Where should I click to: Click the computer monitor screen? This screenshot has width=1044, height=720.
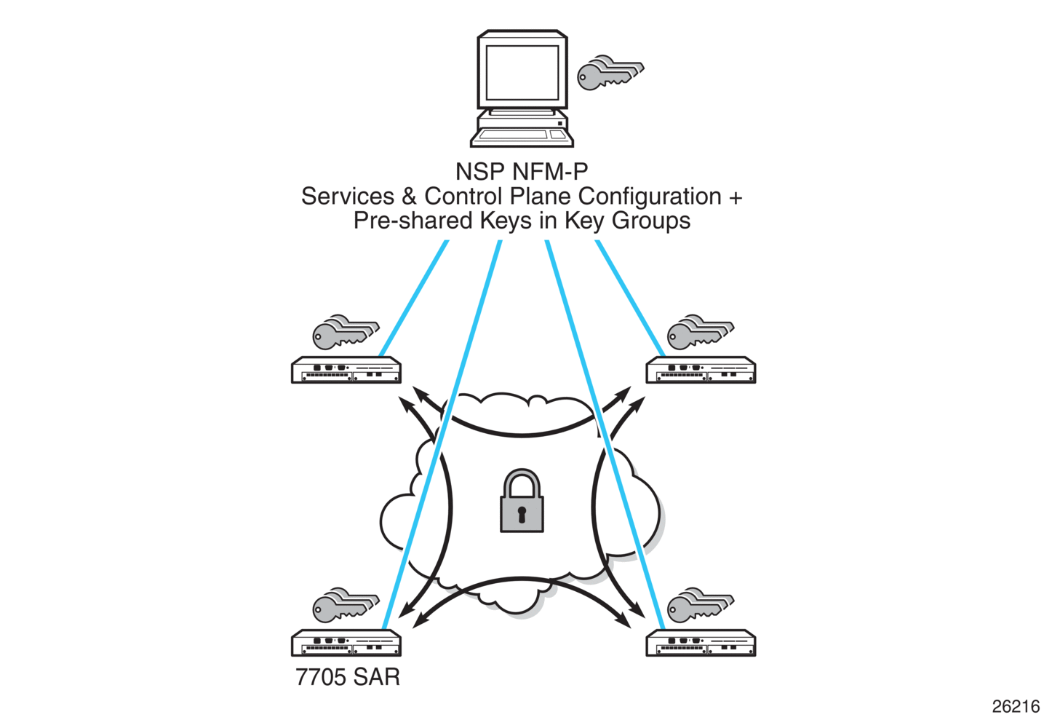coord(522,72)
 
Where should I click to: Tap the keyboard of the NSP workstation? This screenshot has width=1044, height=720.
coord(522,138)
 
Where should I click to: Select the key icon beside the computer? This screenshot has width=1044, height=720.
coord(610,73)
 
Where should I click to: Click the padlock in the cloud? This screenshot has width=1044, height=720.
coord(522,500)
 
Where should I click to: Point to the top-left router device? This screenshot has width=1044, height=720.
coord(346,371)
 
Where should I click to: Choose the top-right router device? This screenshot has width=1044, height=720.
coord(701,371)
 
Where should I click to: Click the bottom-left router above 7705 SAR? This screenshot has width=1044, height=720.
coord(346,643)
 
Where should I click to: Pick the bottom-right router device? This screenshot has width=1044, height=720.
coord(701,643)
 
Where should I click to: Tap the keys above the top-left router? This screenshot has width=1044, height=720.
coord(346,332)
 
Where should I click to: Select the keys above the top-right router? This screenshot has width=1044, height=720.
coord(701,332)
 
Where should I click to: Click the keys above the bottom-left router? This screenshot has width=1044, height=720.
coord(346,605)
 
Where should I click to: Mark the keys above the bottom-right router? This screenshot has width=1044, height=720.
coord(701,605)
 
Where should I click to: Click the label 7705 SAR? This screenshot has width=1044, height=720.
coord(348,677)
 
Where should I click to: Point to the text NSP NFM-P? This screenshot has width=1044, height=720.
coord(522,172)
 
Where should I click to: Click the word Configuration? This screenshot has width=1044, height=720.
coord(650,197)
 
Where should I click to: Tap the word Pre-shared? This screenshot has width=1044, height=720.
coord(413,220)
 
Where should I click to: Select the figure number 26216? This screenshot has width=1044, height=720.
coord(1016,707)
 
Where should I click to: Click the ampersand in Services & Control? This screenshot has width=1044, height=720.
coord(409,197)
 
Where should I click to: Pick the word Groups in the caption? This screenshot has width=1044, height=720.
coord(650,221)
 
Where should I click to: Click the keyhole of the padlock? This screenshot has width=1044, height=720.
coord(522,515)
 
